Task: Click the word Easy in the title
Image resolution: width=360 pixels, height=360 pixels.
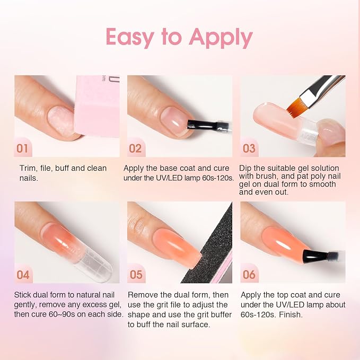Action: pyautogui.click(x=130, y=38)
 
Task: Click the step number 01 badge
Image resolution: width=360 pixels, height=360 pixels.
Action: pyautogui.click(x=23, y=148)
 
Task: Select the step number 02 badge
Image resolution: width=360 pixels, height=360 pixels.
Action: pyautogui.click(x=135, y=148)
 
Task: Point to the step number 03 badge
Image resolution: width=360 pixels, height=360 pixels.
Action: pyautogui.click(x=249, y=148)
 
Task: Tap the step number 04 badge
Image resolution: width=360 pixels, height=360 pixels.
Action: pyautogui.click(x=23, y=275)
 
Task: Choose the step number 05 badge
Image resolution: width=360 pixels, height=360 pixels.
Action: pyautogui.click(x=136, y=275)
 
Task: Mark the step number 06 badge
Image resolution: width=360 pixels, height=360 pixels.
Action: pyautogui.click(x=249, y=275)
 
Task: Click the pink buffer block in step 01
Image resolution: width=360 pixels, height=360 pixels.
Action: pyautogui.click(x=98, y=106)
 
